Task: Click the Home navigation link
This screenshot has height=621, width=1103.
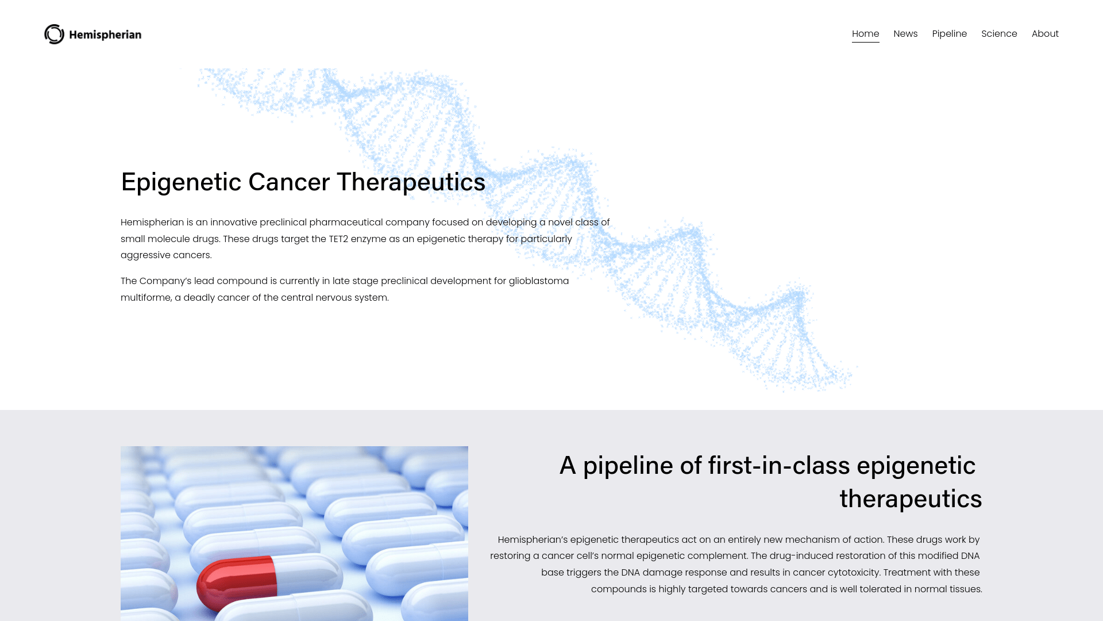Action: (865, 34)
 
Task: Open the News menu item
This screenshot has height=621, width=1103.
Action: (905, 34)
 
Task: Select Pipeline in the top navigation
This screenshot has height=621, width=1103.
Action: (949, 34)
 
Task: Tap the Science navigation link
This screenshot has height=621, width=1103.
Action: (999, 34)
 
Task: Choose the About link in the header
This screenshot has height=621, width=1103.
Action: (1045, 34)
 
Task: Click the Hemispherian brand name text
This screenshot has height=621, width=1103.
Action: (105, 34)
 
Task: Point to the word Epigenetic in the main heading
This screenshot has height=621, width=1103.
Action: (181, 182)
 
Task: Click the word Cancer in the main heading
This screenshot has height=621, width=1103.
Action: (289, 182)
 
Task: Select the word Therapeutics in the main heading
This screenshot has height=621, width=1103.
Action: (411, 182)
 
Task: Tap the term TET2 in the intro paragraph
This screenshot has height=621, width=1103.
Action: (338, 239)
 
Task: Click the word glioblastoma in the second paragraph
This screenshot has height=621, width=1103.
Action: (539, 281)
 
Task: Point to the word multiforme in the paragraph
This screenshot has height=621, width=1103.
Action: (145, 298)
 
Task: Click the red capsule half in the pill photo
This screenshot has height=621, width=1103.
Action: (237, 582)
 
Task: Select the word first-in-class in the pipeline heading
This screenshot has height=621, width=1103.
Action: (778, 465)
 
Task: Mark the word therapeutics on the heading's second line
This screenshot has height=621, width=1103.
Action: (911, 499)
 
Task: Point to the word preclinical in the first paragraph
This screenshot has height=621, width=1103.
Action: (283, 223)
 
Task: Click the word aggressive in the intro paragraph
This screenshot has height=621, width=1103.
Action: (142, 255)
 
